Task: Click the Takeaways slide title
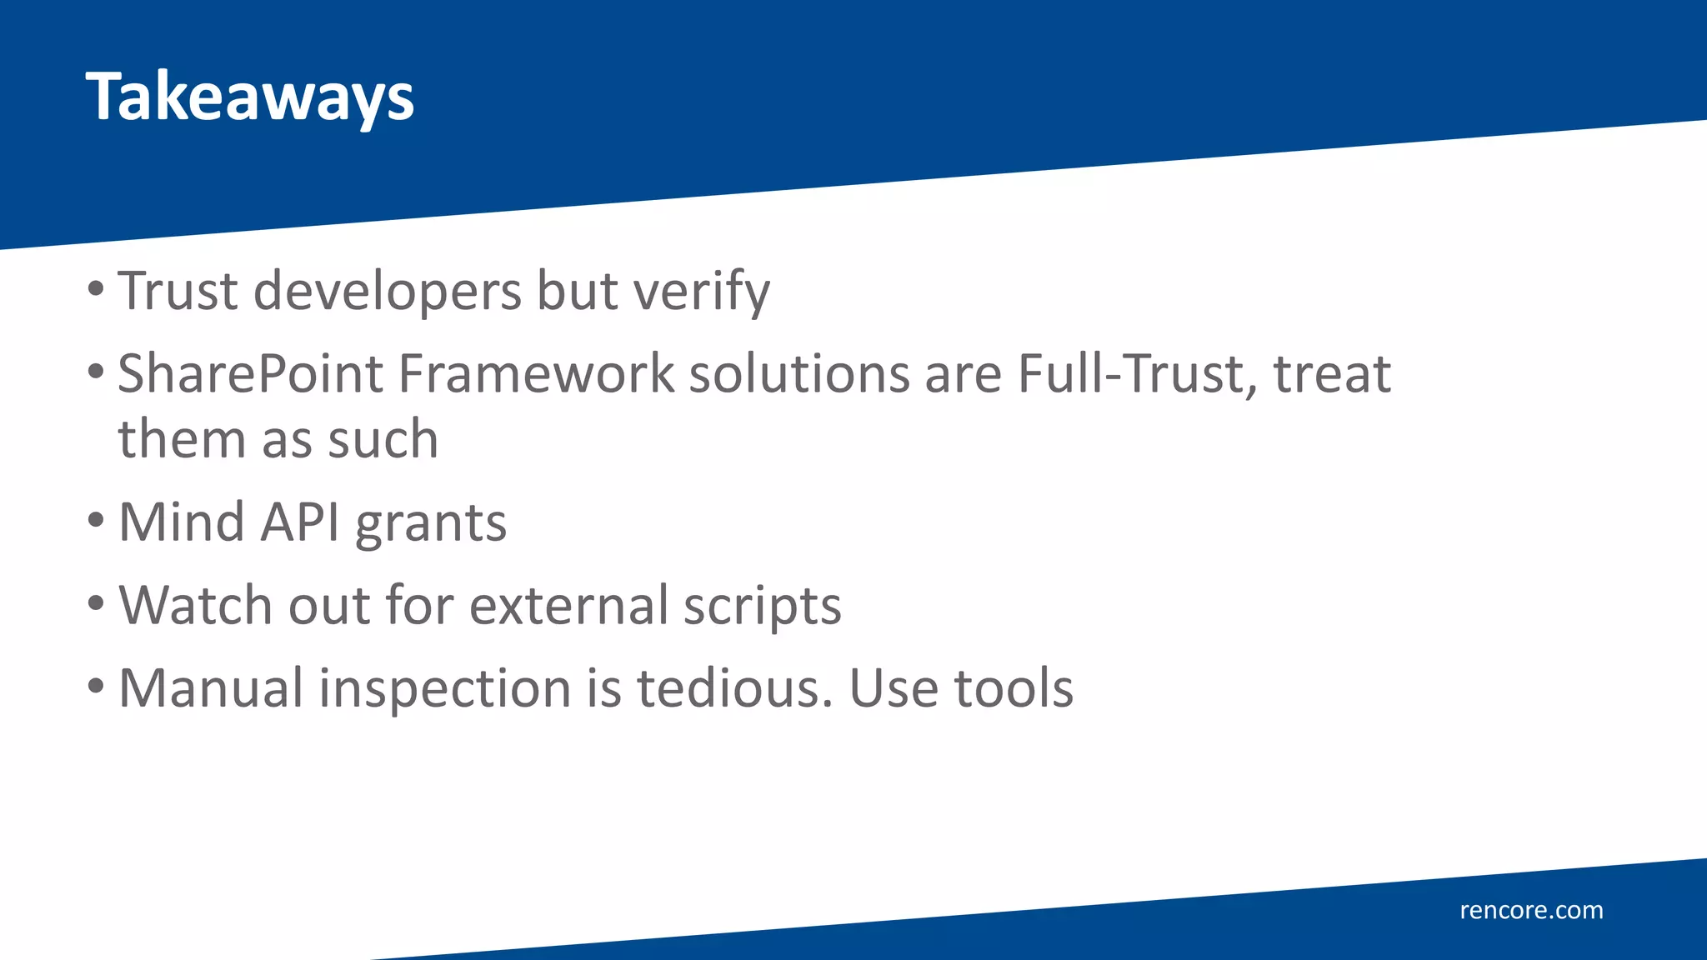[x=249, y=97]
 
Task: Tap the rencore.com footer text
[x=1531, y=910]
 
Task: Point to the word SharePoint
[x=250, y=374]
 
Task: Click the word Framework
[x=536, y=374]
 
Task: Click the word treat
[x=1332, y=374]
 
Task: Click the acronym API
[x=300, y=522]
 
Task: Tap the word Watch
[x=196, y=605]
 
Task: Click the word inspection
[x=445, y=690]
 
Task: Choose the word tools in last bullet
[x=1013, y=688]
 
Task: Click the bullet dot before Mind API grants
[x=96, y=521]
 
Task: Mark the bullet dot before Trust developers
[x=96, y=289]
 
